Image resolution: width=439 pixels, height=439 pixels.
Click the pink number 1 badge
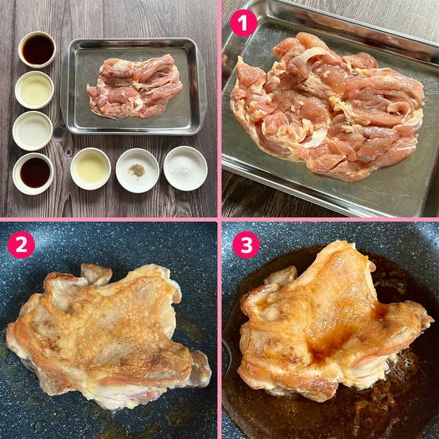coord(243,23)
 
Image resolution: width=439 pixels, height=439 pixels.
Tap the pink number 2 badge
coord(21,245)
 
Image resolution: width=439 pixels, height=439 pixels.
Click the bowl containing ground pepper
coord(138,171)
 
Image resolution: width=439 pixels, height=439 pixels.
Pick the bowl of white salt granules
coord(185,169)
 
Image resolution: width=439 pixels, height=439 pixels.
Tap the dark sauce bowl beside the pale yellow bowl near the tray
coord(37,50)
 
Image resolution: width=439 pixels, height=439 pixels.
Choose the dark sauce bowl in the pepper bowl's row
coord(33,173)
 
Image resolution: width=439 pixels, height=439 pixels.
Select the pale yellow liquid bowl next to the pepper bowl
coord(91,169)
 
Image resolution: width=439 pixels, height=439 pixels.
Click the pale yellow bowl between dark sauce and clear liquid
coord(34,90)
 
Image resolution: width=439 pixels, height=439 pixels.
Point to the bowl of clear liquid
coord(32,131)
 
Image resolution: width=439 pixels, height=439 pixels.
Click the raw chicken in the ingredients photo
coord(134,86)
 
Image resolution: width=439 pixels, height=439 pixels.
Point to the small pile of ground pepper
coord(137,170)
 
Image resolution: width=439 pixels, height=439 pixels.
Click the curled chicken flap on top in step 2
coord(96,275)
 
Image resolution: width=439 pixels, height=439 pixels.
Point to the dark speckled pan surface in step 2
coord(112,244)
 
